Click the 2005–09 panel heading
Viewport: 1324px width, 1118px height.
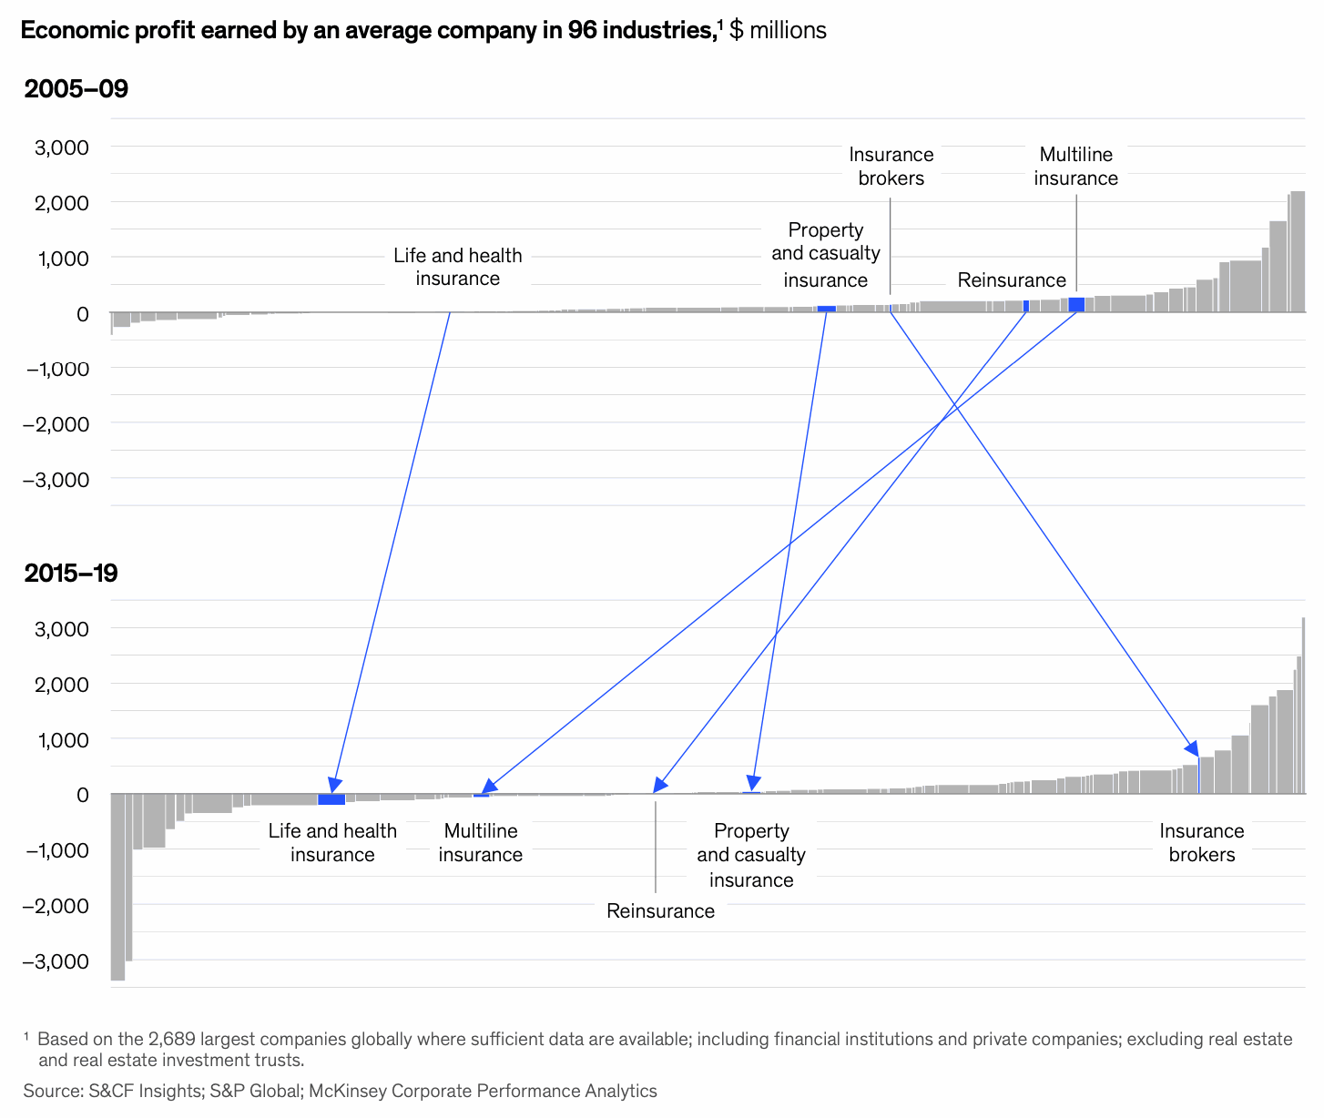click(x=76, y=89)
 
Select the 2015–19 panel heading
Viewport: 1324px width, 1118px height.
click(x=71, y=574)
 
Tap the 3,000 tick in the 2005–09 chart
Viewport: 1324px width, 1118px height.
click(x=62, y=147)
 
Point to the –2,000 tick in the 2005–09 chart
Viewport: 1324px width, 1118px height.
click(x=56, y=424)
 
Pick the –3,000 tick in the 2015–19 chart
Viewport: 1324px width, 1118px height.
click(x=56, y=961)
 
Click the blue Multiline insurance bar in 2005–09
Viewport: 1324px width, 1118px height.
click(x=1076, y=305)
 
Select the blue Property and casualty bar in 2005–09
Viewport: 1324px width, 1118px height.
click(x=826, y=309)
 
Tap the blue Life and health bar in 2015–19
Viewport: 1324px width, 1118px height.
click(x=331, y=799)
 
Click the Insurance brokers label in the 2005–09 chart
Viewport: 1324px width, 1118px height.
click(x=891, y=167)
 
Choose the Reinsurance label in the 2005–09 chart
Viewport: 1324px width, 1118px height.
click(x=1011, y=280)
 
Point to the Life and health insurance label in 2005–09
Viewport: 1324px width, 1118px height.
click(x=457, y=267)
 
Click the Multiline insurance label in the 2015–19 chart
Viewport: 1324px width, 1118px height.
click(x=480, y=843)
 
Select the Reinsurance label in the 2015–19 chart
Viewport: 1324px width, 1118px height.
click(x=660, y=911)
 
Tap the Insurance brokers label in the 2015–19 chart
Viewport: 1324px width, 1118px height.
click(x=1201, y=843)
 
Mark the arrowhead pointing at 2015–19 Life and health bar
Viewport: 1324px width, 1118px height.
click(x=334, y=785)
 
